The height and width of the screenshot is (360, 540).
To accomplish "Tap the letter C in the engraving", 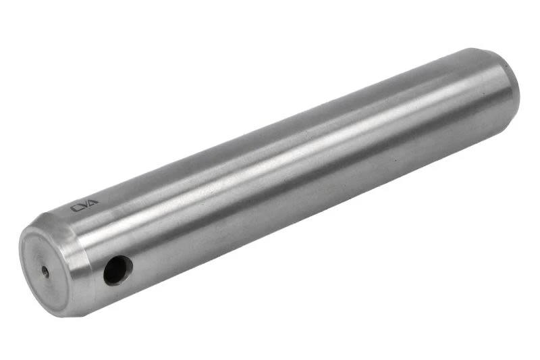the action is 75,208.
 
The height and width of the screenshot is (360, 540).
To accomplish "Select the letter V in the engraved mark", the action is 84,205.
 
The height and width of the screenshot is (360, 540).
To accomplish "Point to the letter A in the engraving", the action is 93,202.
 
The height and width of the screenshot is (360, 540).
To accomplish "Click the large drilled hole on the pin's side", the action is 118,270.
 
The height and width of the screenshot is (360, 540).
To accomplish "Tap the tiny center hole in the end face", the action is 45,272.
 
